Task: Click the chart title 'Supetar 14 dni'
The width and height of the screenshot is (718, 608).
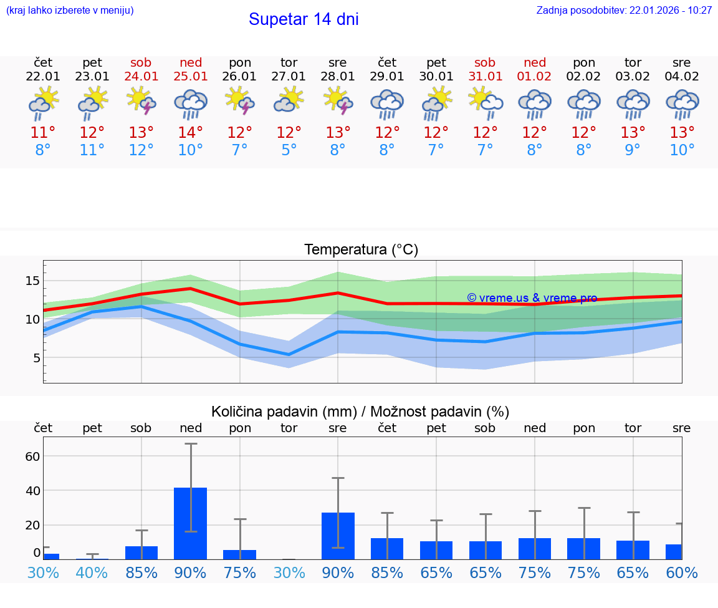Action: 304,19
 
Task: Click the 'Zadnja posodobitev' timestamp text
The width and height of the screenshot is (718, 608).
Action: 624,11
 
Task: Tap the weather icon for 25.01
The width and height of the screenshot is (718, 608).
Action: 191,104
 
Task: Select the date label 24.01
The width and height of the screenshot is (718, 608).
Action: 141,76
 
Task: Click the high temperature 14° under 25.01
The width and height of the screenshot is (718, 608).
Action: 191,133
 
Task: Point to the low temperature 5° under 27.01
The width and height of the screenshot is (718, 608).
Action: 289,150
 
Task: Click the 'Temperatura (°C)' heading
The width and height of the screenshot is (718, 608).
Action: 361,250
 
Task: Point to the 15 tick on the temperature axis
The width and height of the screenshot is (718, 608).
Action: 32,281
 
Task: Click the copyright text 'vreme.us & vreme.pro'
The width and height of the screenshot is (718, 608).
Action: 532,298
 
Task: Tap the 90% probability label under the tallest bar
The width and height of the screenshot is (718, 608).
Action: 191,572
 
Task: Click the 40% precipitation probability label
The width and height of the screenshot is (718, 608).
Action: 92,572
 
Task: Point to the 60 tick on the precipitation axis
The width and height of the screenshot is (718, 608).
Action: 32,456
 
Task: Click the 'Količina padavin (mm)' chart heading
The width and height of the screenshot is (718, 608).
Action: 284,412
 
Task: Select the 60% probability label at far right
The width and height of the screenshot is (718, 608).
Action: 682,572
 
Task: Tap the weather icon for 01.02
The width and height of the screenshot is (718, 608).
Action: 534,104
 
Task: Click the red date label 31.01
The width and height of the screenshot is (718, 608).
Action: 485,76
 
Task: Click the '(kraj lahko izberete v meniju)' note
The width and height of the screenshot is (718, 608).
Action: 70,11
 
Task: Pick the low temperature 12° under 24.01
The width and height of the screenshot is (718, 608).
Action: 141,150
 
